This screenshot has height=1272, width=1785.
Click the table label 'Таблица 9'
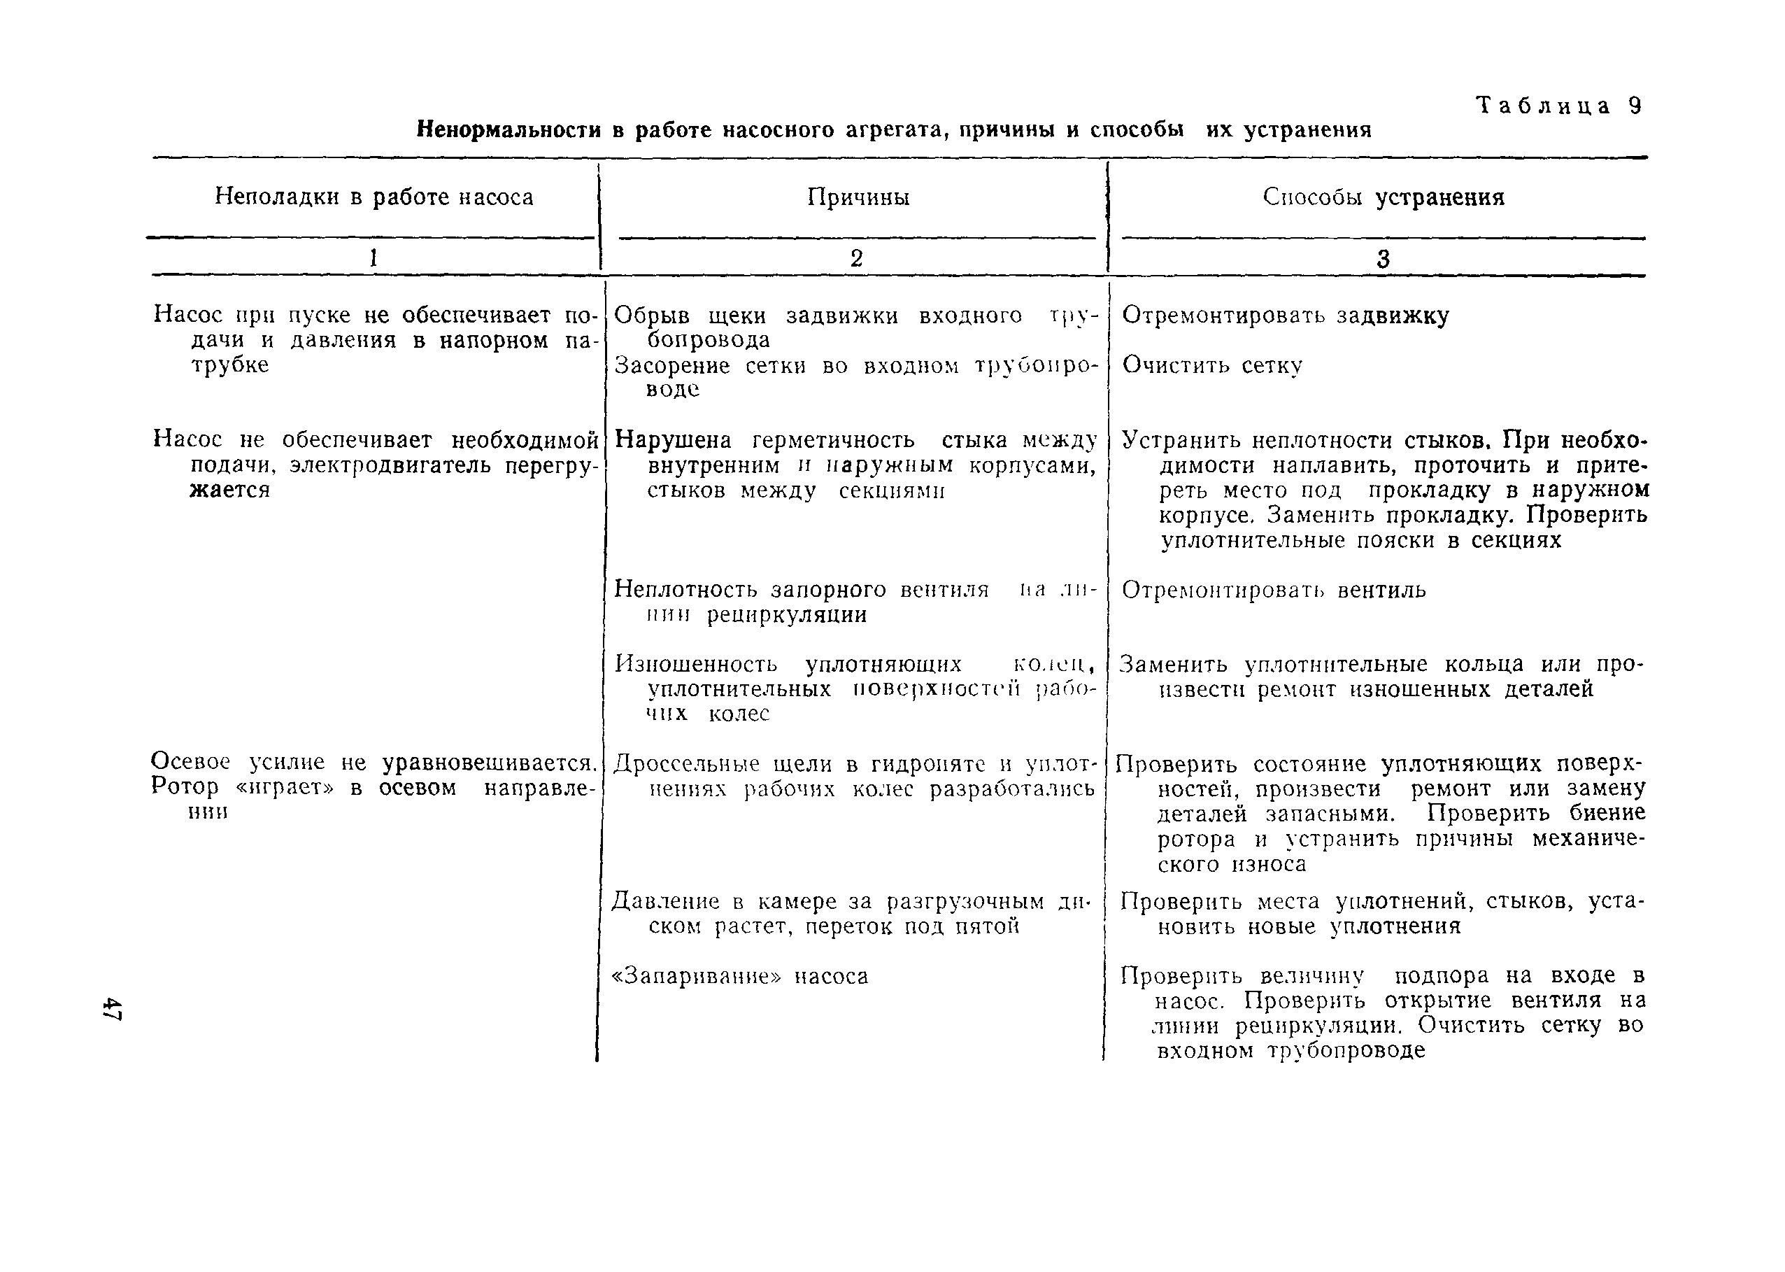(x=1558, y=106)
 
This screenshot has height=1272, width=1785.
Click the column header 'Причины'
(x=858, y=197)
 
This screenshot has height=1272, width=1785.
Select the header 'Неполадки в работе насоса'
(x=374, y=197)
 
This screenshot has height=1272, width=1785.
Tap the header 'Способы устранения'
(x=1384, y=197)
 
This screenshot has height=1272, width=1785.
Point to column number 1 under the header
(x=374, y=257)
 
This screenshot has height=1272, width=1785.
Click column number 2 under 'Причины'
(x=857, y=258)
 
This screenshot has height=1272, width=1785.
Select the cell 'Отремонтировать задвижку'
(x=1286, y=316)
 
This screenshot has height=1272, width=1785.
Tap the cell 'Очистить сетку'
(x=1212, y=365)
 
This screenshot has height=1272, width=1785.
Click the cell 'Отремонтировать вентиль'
(x=1274, y=590)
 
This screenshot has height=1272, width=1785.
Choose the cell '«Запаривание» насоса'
(x=740, y=977)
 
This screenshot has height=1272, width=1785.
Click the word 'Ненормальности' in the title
(x=508, y=129)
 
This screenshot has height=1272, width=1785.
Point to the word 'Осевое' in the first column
(x=190, y=761)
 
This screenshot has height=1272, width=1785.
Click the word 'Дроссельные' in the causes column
(x=686, y=763)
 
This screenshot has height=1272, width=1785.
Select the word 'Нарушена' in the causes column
(x=674, y=439)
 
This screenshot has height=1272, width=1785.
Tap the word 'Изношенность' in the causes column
(x=696, y=664)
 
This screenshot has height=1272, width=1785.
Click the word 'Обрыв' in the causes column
(x=651, y=316)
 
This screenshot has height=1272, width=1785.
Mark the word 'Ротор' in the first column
(x=184, y=786)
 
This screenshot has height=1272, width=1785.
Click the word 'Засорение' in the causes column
(x=671, y=366)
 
